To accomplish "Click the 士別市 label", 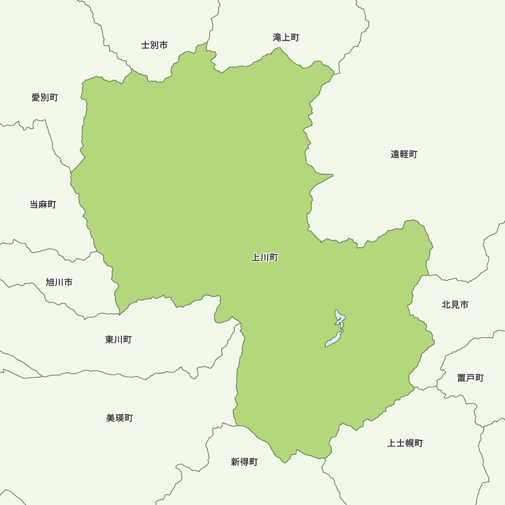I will [154, 45].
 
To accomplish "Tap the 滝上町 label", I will [286, 37].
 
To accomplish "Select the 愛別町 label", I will [44, 97].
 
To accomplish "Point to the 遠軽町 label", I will [404, 155].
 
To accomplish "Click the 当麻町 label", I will [43, 205].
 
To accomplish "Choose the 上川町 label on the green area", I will [265, 258].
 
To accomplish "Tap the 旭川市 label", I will [59, 282].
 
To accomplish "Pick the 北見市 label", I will [455, 305].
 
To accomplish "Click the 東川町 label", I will [118, 339].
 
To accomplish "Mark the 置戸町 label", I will [471, 378].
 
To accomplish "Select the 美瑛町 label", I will [120, 418].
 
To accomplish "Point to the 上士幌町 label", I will [405, 443].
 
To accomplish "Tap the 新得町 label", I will [244, 462].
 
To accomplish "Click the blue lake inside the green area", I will [334, 339].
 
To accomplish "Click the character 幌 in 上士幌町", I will [410, 443].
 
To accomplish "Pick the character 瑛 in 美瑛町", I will [120, 418].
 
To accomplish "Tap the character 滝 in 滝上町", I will [277, 37].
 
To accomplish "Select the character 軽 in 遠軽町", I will [404, 155].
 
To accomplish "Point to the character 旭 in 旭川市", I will [50, 282].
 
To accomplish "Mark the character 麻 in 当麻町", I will [43, 205].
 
